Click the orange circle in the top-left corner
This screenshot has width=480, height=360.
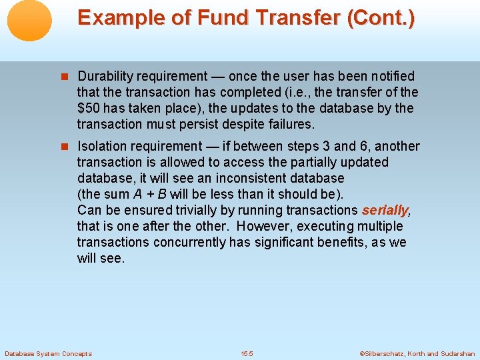[x=30, y=21]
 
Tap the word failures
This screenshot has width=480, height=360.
[x=291, y=124]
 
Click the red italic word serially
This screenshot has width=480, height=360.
[x=385, y=210]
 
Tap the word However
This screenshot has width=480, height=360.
[x=264, y=226]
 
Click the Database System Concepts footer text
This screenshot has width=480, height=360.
[x=48, y=353]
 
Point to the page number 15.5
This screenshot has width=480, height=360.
[x=247, y=353]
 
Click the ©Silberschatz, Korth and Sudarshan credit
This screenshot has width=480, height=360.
[x=417, y=353]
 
